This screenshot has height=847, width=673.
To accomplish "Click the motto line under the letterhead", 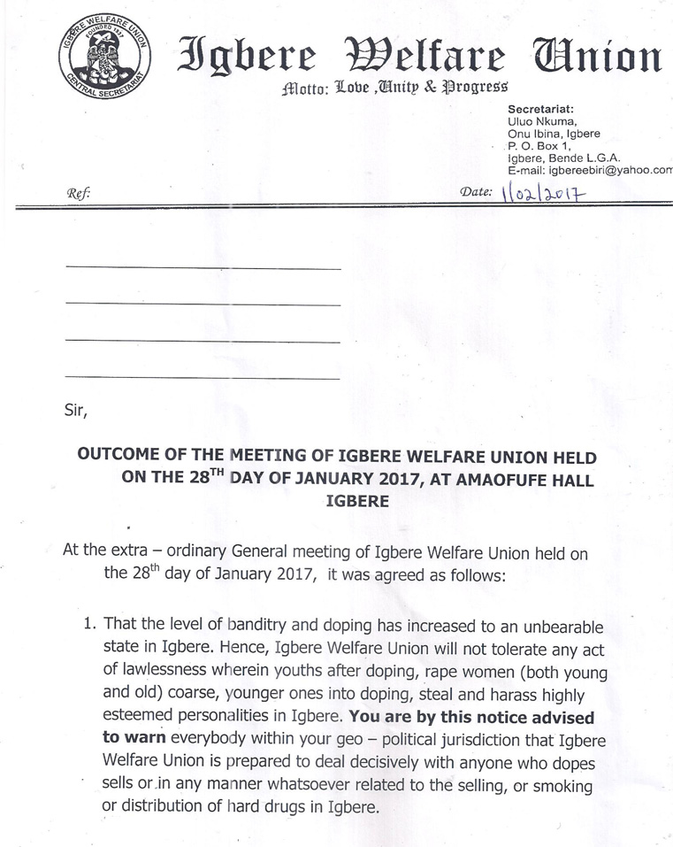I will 394,88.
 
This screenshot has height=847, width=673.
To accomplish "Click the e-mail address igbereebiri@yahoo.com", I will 609,169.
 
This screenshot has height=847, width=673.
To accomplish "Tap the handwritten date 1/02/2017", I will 544,194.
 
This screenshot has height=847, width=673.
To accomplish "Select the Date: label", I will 477,192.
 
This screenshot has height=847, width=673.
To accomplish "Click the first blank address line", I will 203,267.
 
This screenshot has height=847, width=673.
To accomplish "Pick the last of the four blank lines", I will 203,378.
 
